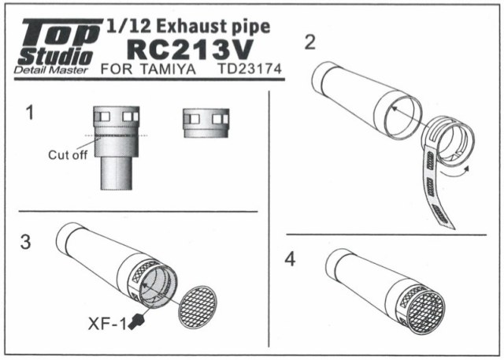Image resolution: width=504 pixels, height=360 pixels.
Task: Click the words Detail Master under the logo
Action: (x=50, y=70)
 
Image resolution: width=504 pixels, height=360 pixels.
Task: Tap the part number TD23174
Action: (x=250, y=69)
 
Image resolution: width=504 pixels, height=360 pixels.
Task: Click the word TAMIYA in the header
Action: (x=168, y=69)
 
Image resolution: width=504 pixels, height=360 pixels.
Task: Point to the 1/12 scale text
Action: (x=128, y=26)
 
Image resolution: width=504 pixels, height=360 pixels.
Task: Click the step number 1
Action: (x=30, y=113)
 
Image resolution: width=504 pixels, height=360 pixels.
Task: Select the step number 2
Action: (x=309, y=42)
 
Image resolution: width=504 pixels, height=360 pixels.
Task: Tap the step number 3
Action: (x=26, y=242)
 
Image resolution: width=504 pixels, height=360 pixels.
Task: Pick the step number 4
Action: (x=290, y=259)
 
